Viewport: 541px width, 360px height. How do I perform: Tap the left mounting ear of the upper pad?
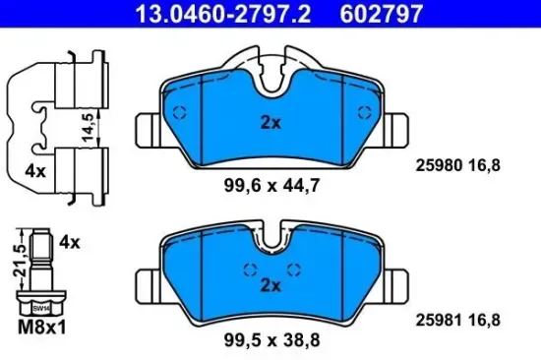point(145,128)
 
